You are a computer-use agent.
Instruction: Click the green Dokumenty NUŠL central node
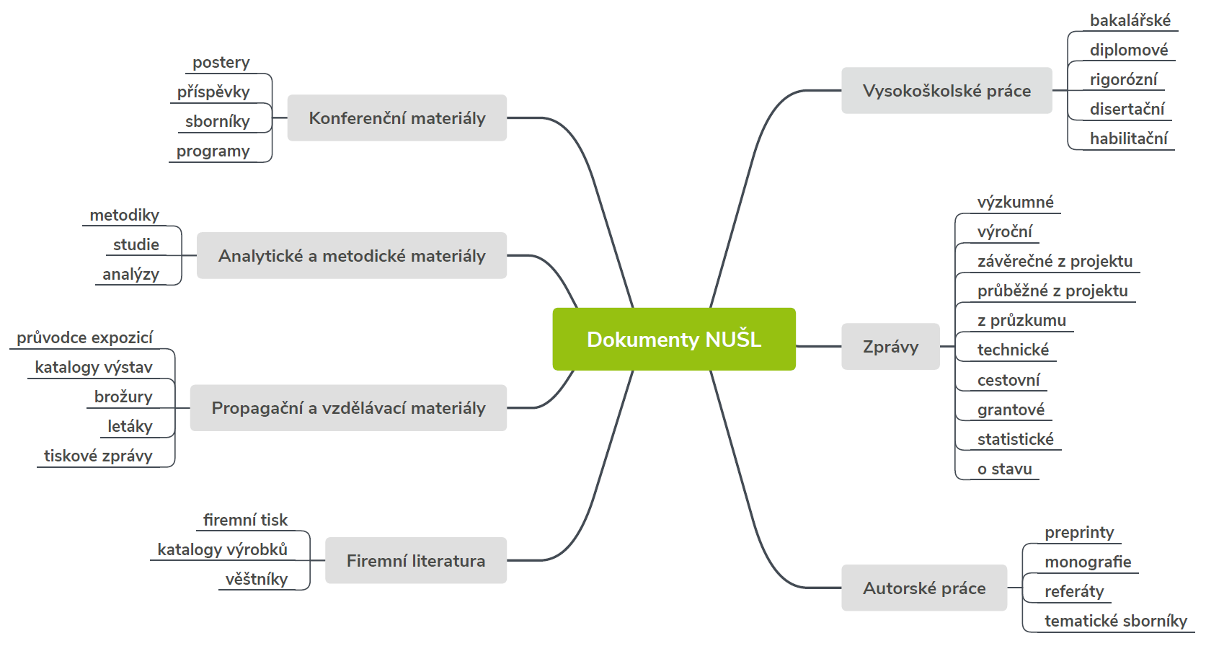(673, 339)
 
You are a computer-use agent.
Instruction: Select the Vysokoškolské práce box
(946, 91)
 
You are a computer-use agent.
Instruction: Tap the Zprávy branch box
(890, 347)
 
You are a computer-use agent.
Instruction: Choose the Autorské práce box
(923, 588)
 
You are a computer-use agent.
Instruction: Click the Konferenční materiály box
(396, 118)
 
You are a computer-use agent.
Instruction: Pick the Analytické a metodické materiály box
(352, 256)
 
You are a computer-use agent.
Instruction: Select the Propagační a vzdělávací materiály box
(348, 408)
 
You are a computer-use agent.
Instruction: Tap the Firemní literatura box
(415, 561)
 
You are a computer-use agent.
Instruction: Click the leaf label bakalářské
(1130, 20)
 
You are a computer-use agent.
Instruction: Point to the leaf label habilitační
(1128, 138)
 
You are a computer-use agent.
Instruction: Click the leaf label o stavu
(1004, 469)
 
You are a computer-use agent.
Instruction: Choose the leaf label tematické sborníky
(1115, 621)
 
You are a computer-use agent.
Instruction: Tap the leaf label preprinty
(1079, 532)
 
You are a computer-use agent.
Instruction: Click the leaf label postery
(221, 63)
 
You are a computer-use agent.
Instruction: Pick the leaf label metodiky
(124, 215)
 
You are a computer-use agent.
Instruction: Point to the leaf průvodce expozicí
(84, 337)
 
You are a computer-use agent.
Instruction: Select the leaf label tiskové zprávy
(98, 456)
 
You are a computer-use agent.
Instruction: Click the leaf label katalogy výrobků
(222, 549)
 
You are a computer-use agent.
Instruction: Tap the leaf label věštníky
(256, 579)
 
